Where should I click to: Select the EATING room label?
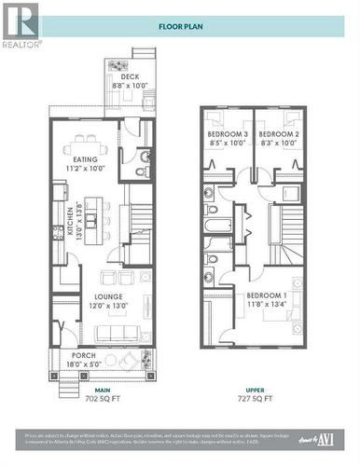(86, 159)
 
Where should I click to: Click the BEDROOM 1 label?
(265, 294)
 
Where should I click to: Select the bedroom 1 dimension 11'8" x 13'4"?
(265, 303)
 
